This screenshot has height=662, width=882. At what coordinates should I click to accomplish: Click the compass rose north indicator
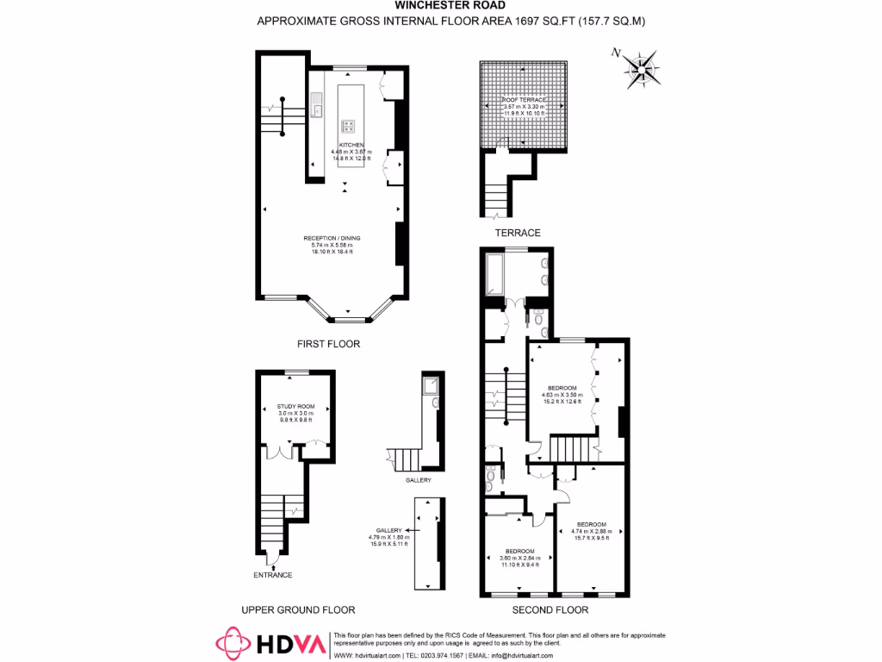[641, 69]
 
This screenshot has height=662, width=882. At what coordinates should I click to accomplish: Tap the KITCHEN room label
[351, 145]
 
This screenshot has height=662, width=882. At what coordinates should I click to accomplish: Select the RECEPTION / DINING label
[332, 238]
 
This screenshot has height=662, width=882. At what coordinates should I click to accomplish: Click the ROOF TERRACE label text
[525, 100]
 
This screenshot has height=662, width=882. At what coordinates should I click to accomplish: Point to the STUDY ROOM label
[295, 406]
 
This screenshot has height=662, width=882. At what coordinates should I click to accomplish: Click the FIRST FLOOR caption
[328, 344]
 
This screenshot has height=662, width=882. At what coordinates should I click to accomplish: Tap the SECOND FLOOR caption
[550, 610]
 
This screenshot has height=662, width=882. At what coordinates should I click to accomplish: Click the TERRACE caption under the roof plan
[518, 233]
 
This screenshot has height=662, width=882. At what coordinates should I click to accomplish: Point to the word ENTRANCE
[272, 575]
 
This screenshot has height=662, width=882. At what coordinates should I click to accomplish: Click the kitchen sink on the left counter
[318, 108]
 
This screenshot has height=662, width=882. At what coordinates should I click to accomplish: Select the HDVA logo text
[292, 644]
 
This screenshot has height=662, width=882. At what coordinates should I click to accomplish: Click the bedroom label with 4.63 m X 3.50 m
[562, 388]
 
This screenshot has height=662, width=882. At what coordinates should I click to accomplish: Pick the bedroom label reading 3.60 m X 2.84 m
[519, 551]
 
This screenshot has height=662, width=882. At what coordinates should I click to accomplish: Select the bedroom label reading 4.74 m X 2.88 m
[591, 525]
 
